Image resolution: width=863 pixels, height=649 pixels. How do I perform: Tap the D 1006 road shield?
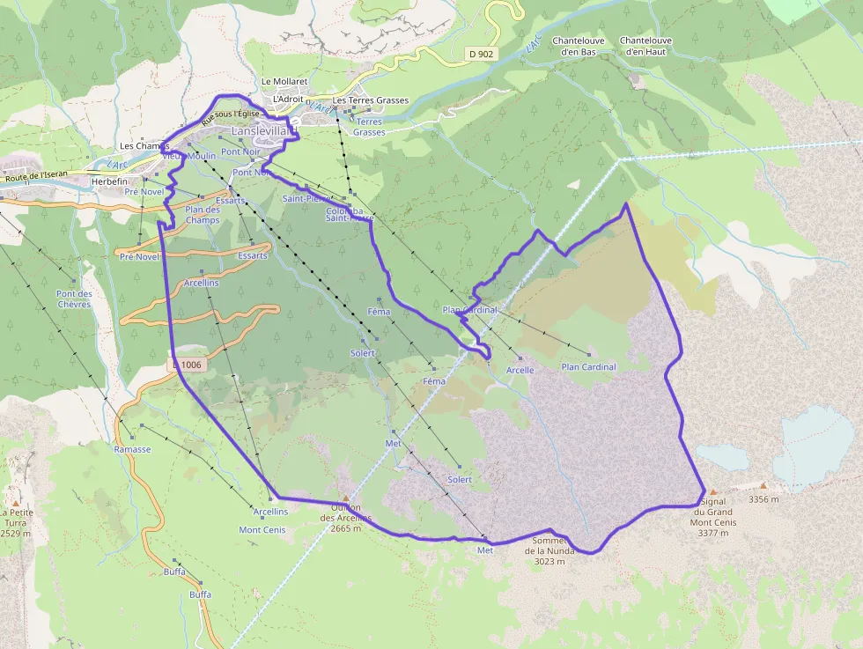(187, 364)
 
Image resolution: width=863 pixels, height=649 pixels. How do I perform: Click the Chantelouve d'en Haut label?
(645, 46)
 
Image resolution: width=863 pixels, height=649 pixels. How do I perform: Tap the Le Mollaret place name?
(284, 82)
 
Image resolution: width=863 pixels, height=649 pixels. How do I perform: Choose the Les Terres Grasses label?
(371, 100)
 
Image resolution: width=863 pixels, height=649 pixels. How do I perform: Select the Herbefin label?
(110, 182)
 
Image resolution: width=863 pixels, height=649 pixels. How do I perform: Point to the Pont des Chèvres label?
(74, 299)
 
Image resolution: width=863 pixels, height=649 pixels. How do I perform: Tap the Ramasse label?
(132, 449)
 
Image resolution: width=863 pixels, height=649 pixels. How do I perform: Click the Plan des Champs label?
(203, 215)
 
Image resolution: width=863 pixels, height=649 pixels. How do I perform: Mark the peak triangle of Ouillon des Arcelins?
(346, 498)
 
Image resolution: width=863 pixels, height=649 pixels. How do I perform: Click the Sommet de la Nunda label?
(550, 550)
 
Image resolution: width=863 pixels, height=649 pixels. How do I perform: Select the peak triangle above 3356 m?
(763, 485)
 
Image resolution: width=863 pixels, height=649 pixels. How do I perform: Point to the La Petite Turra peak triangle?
(15, 489)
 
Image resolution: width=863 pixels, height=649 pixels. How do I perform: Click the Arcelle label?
(520, 370)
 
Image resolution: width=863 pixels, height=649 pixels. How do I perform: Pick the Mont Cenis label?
(262, 530)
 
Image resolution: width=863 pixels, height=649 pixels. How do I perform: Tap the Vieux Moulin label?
(188, 156)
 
